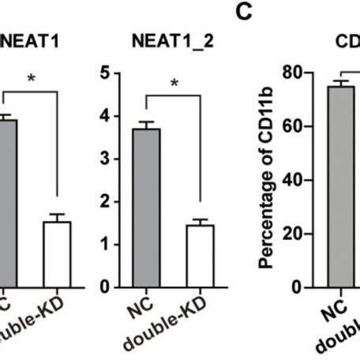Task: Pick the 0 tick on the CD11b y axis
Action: tap(303, 287)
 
